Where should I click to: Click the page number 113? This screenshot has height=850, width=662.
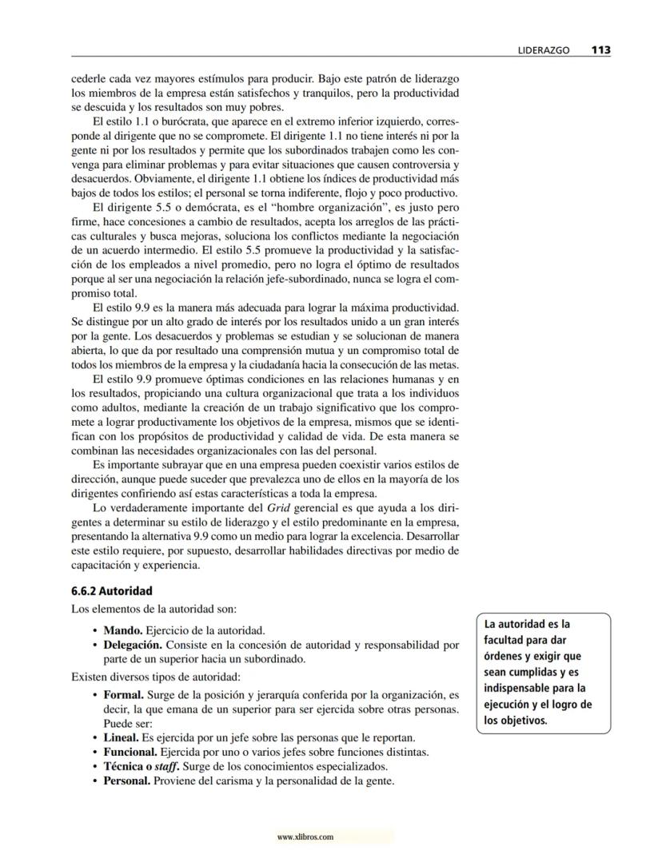[x=600, y=50]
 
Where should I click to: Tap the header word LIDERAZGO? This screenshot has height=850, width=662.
[x=543, y=50]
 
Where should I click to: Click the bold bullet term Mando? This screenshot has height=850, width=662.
[x=122, y=630]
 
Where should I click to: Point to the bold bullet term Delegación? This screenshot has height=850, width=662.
[x=133, y=645]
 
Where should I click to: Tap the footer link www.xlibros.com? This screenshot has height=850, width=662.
[x=305, y=837]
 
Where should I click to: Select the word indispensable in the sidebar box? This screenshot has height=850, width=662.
[x=520, y=688]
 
